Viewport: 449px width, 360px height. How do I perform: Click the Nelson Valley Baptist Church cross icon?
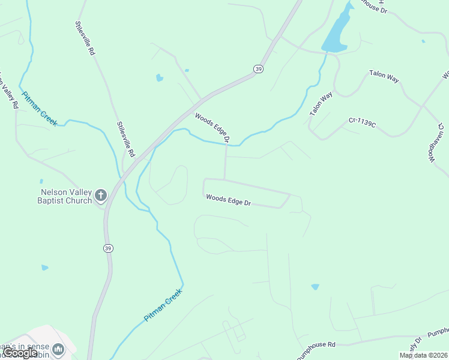tap(100, 195)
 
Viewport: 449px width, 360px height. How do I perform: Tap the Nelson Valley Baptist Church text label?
tap(65, 196)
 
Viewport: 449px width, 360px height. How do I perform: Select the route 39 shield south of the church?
tap(107, 248)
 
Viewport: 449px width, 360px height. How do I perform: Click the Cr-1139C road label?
tap(362, 122)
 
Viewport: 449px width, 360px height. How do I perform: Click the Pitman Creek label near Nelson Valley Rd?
tap(40, 109)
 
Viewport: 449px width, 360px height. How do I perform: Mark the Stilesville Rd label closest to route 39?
tap(127, 139)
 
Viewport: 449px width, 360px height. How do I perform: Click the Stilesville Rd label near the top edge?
tap(85, 39)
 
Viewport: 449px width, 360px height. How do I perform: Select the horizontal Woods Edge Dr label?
tap(228, 200)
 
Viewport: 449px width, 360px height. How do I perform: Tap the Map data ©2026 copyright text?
tap(423, 355)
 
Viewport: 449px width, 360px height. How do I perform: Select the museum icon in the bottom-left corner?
tap(58, 349)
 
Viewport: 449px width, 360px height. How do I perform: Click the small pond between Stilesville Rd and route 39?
tap(159, 77)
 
